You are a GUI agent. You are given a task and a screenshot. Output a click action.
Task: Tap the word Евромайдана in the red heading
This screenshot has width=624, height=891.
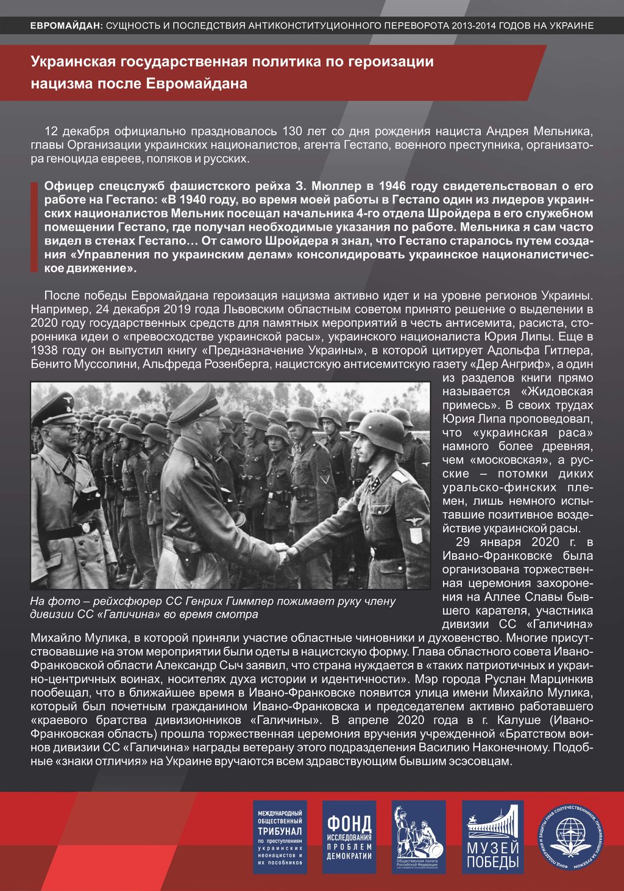pyautogui.click(x=197, y=83)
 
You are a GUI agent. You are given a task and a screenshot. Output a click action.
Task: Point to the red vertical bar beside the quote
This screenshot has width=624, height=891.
pyautogui.click(x=34, y=226)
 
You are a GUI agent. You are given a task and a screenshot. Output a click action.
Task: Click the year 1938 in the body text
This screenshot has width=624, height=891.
pyautogui.click(x=44, y=350)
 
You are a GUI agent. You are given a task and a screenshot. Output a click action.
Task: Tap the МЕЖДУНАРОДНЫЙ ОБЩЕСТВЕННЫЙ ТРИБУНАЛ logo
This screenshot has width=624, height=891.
pyautogui.click(x=280, y=837)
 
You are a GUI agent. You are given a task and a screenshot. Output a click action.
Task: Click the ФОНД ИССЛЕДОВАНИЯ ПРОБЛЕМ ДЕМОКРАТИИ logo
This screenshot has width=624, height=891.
pyautogui.click(x=349, y=837)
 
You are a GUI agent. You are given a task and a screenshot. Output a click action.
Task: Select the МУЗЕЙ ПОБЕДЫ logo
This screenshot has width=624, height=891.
pyautogui.click(x=492, y=837)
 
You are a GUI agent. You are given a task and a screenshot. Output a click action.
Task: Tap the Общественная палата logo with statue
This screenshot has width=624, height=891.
pyautogui.click(x=419, y=837)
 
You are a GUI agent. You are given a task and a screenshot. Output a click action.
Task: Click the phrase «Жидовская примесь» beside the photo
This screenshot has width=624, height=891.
pyautogui.click(x=518, y=398)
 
